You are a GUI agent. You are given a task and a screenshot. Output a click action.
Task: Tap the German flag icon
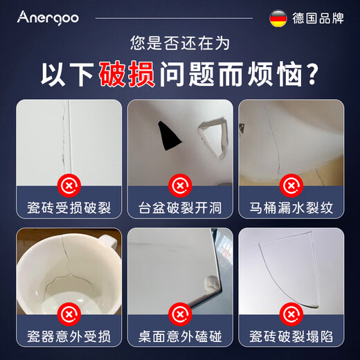(279, 17)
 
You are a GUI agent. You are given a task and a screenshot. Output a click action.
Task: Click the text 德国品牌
(318, 17)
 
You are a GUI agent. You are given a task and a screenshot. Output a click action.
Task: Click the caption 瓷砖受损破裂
(69, 208)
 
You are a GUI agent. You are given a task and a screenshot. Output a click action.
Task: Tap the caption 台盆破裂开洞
(180, 208)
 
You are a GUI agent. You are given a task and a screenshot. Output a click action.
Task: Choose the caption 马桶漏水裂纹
(291, 208)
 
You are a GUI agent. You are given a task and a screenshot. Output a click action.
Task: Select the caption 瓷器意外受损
(69, 337)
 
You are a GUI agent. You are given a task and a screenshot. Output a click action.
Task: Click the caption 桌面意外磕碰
(180, 337)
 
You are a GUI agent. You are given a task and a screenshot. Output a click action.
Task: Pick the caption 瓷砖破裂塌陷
(291, 337)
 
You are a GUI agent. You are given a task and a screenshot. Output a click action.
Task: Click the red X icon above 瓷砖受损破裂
(69, 185)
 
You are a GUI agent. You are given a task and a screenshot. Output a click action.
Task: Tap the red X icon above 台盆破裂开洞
(180, 185)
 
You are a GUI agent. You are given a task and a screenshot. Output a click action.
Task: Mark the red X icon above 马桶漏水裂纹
(291, 185)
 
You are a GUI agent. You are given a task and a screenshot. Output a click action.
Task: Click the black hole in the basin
(168, 134)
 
